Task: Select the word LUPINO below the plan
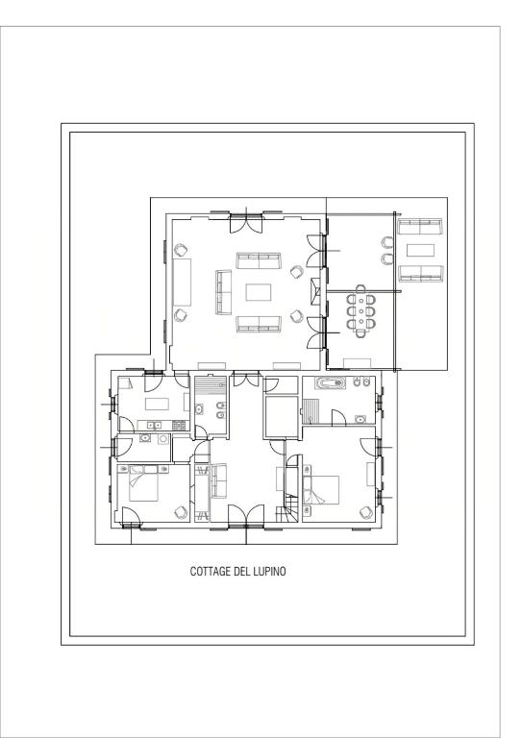coord(270,572)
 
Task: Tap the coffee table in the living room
coord(259,292)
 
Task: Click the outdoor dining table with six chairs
coord(361,311)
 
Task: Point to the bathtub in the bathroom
coord(332,383)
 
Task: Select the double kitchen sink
coord(154,426)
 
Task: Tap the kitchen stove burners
coord(179,426)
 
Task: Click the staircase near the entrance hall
coord(289,509)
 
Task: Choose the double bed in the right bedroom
coord(322,490)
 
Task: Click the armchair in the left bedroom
coord(181,512)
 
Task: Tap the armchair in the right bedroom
coord(366,512)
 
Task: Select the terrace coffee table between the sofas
coord(421,250)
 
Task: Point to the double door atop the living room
coord(246,223)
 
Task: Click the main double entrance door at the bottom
coord(246,515)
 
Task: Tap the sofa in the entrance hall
coord(218,480)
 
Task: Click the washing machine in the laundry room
coord(162,439)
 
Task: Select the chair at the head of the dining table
coord(361,288)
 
